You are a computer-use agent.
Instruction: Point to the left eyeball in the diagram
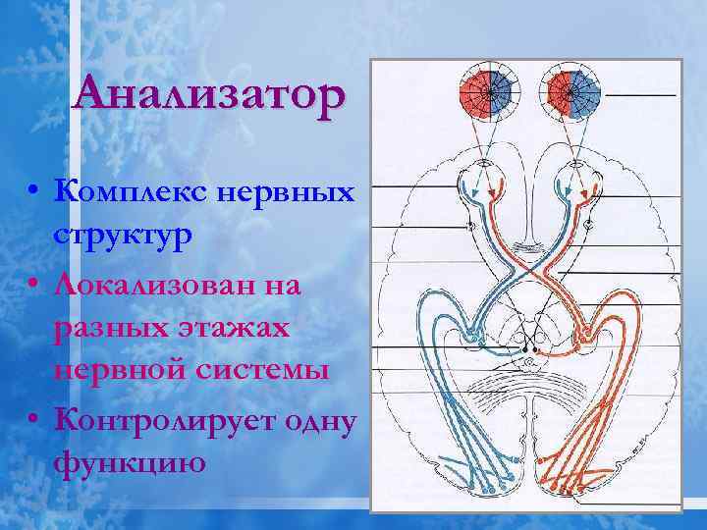(x=485, y=183)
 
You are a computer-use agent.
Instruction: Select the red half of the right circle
(x=560, y=92)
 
